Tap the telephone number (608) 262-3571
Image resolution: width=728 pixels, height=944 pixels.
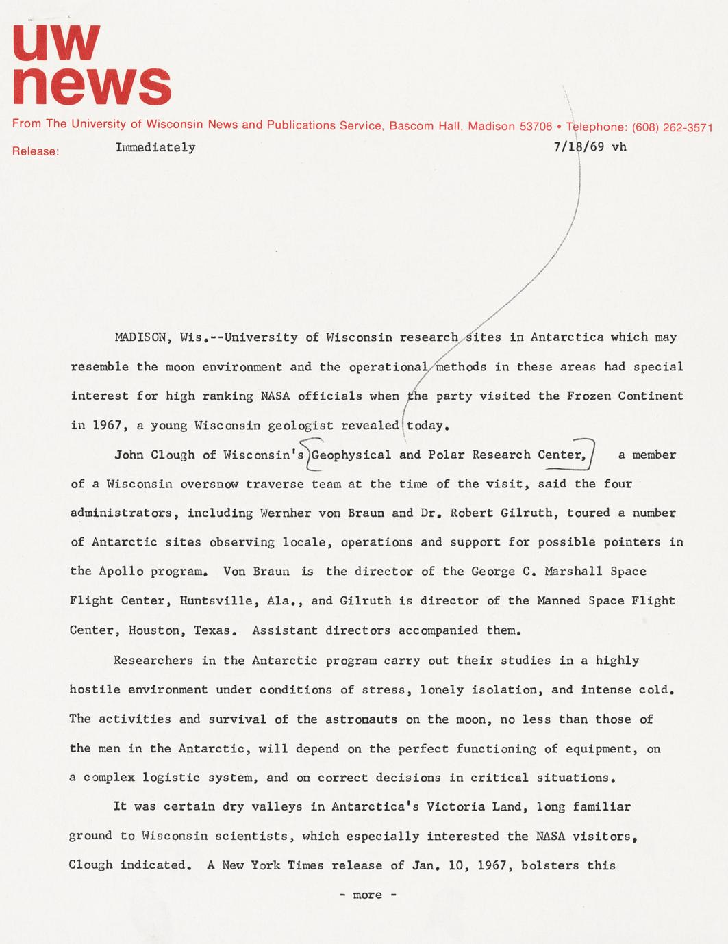[673, 127]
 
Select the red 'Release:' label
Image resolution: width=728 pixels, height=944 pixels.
[36, 151]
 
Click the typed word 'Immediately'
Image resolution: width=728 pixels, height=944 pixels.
[155, 147]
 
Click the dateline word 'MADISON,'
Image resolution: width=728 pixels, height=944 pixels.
[143, 337]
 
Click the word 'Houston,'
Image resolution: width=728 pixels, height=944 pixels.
[157, 630]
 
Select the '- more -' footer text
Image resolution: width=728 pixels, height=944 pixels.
[368, 895]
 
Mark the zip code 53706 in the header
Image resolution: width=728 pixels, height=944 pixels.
[536, 127]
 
